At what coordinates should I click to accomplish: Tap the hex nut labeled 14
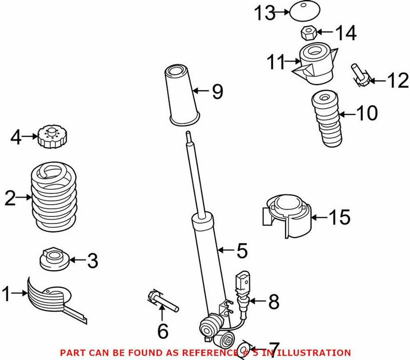306,34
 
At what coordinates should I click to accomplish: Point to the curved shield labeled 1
49,299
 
